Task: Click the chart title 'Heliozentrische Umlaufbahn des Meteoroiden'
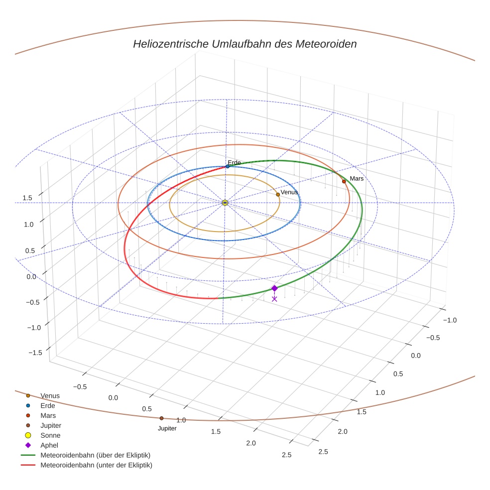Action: [245, 44]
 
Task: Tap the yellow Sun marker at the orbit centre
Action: [225, 203]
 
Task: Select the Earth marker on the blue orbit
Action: [228, 166]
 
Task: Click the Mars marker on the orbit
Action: [344, 181]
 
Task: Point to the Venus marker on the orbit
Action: [278, 194]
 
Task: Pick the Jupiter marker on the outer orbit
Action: [161, 418]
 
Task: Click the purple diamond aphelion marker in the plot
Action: [274, 288]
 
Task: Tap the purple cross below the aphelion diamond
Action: [274, 299]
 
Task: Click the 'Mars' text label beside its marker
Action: [357, 178]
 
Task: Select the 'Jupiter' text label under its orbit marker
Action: [167, 428]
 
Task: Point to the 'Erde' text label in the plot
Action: [234, 163]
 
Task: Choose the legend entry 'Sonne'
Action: [50, 435]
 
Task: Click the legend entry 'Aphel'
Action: [50, 445]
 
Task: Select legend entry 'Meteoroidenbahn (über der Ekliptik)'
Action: [96, 455]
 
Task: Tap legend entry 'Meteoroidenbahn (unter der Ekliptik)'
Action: [96, 465]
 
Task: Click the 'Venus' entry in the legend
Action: [50, 395]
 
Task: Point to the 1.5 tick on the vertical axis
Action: [27, 198]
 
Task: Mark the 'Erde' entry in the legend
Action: [48, 405]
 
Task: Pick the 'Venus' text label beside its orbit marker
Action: [289, 192]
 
